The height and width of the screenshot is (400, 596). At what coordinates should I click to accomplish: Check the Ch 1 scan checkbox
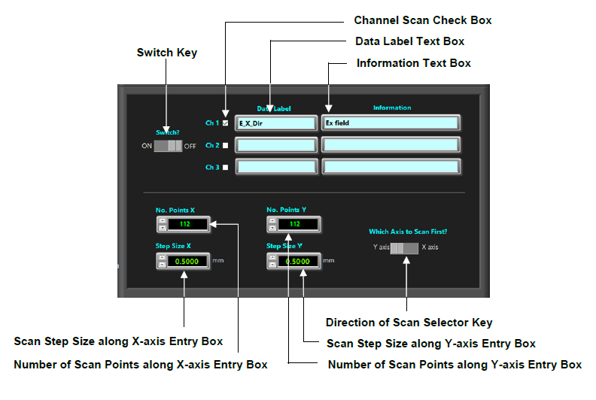coord(225,123)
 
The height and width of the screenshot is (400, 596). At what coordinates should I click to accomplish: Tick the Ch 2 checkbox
coord(225,145)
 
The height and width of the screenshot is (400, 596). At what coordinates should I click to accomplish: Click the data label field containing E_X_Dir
coord(276,123)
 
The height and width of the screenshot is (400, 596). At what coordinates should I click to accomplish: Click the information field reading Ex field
coord(391,123)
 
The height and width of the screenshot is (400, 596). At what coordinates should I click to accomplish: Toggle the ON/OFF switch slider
coord(168,145)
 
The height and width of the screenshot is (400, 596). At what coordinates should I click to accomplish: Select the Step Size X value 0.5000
coord(188,261)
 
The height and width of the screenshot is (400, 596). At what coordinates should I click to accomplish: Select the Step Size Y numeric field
coord(299,261)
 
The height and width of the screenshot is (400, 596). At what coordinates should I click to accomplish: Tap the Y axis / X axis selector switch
coord(405,247)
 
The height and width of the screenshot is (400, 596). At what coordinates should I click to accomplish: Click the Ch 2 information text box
coord(391,145)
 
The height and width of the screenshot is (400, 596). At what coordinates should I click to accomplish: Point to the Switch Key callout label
coord(166,53)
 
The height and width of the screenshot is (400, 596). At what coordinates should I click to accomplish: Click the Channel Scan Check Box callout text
coord(422,20)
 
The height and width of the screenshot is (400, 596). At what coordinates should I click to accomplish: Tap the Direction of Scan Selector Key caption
coord(409,323)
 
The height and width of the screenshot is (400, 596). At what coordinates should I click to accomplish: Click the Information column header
coord(392,108)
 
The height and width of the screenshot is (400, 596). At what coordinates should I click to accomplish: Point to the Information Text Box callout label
coord(413,63)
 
